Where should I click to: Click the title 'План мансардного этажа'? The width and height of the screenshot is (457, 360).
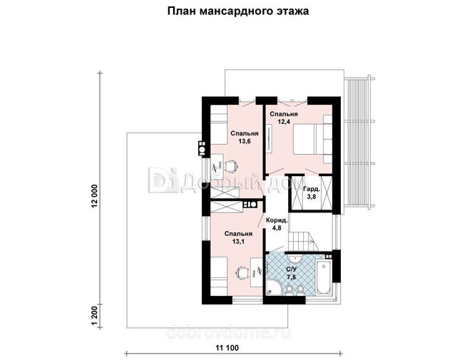tap(238, 11)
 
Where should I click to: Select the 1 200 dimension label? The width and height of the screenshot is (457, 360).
tap(94, 315)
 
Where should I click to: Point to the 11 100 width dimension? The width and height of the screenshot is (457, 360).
tap(227, 348)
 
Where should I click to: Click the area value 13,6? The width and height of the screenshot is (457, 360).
tap(245, 141)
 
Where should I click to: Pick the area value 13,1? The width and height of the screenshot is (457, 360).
tap(238, 242)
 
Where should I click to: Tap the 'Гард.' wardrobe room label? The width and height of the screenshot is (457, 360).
tap(312, 189)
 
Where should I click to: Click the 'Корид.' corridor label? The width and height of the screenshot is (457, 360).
tap(277, 220)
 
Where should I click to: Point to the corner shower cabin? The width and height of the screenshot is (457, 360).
tap(274, 288)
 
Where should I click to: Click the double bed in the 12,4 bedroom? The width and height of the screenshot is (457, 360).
tap(312, 139)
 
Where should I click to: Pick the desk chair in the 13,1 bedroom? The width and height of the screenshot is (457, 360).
tap(242, 272)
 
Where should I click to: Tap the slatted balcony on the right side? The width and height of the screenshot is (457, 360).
tap(358, 143)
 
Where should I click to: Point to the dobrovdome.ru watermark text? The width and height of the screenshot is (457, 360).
tap(228, 332)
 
